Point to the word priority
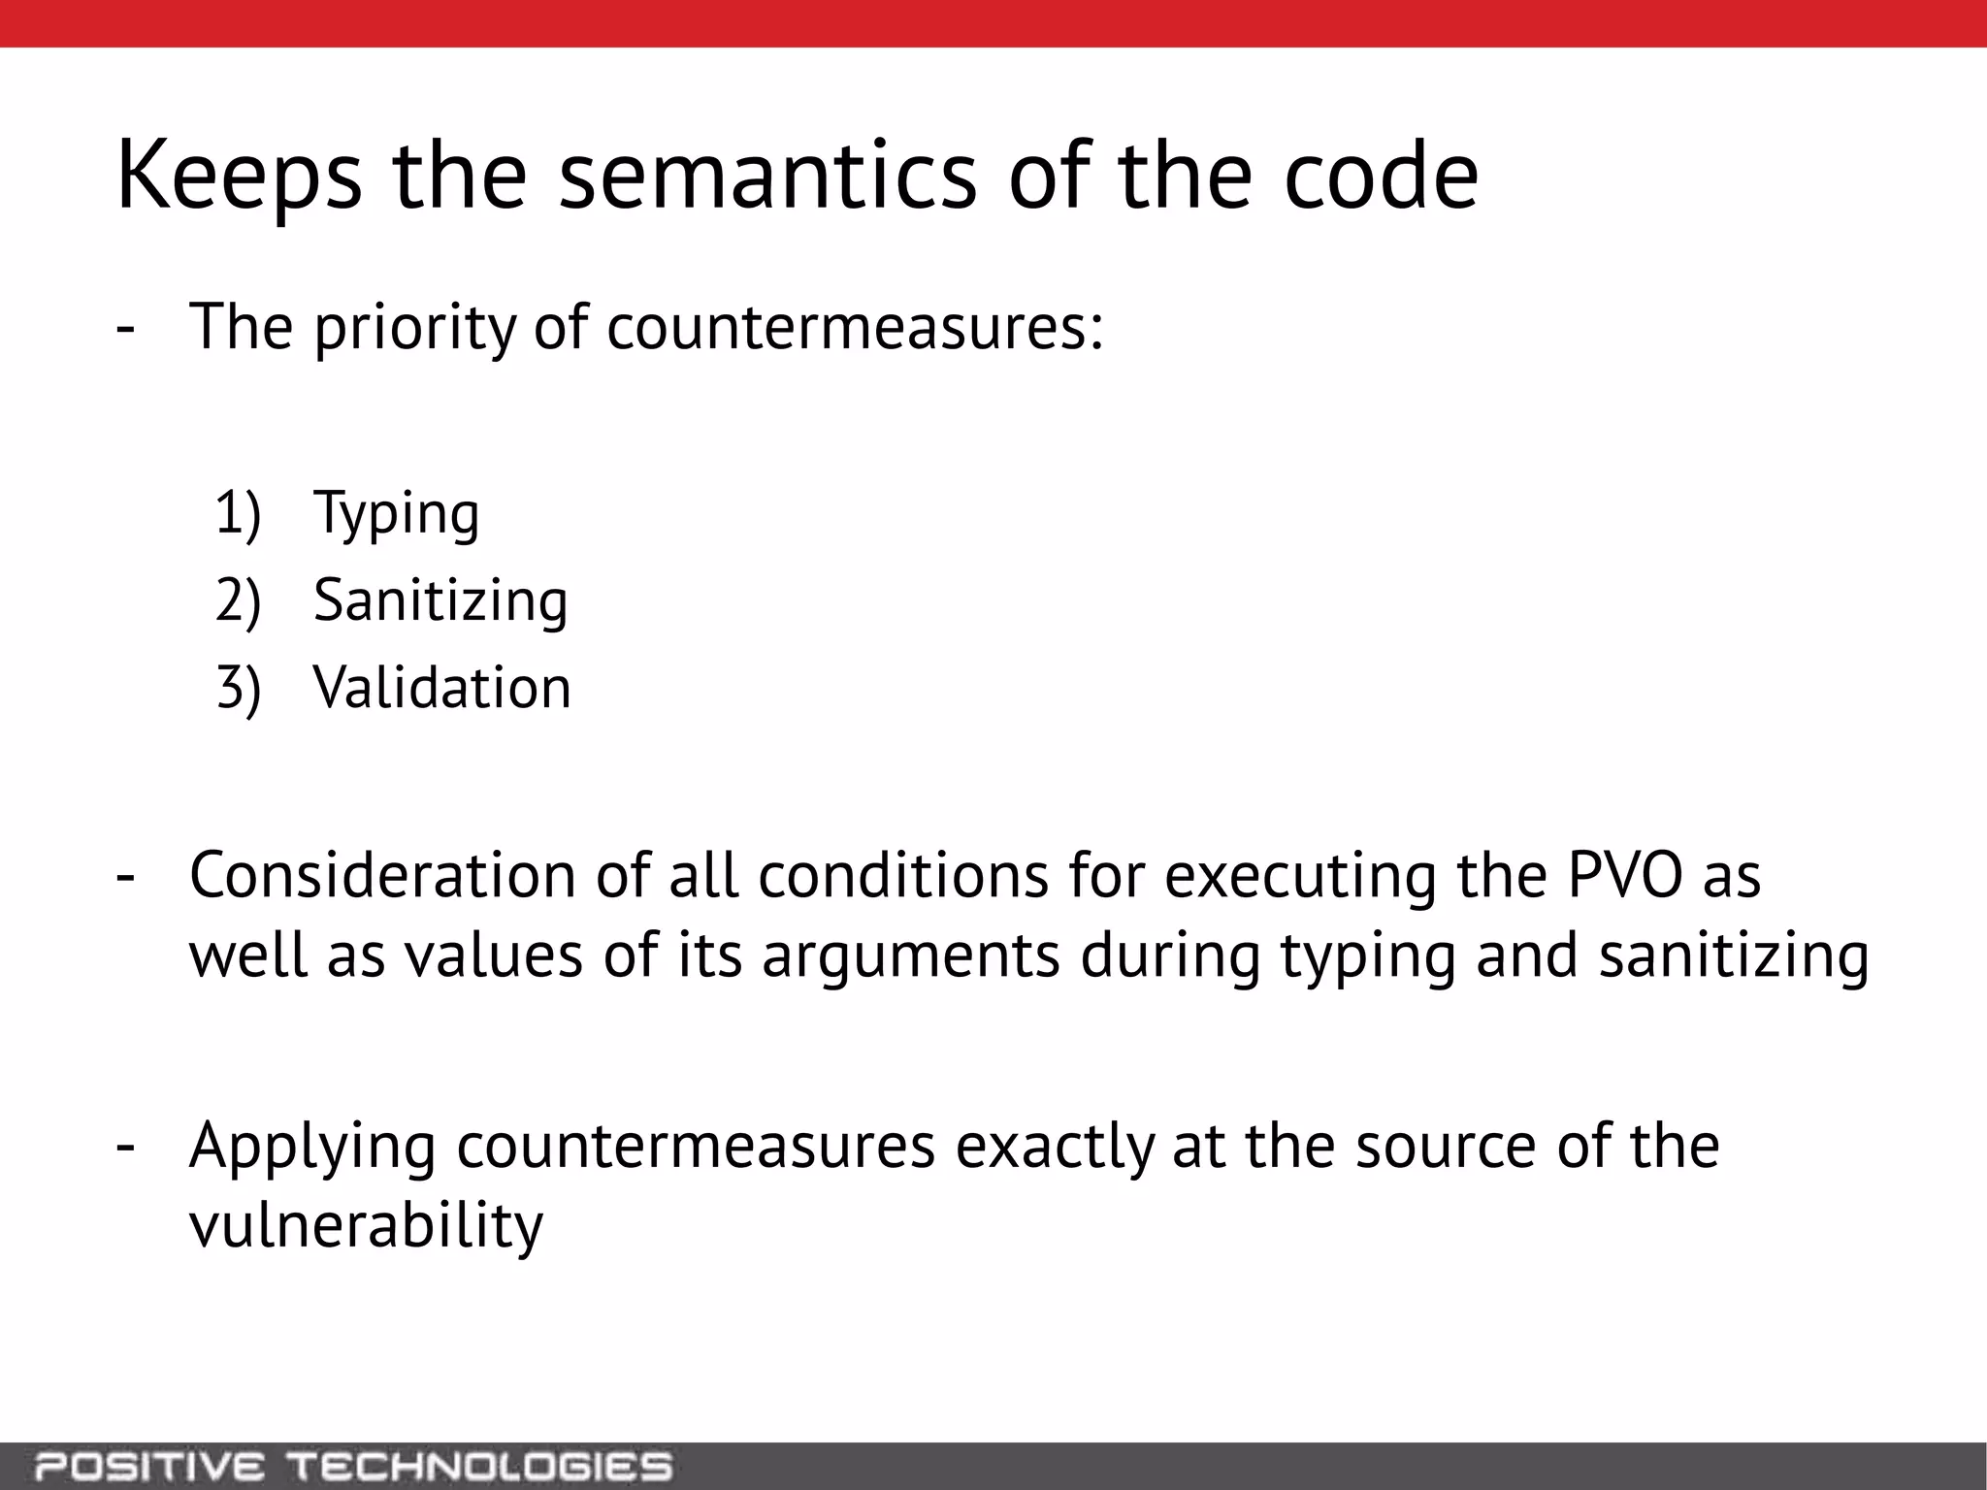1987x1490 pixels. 414,328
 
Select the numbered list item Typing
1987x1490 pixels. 396,513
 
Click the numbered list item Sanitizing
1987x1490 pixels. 440,600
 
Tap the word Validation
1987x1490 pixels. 442,688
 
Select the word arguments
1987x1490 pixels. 911,956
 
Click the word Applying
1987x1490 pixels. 312,1148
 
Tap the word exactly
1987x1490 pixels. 1055,1146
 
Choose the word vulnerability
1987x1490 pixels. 366,1226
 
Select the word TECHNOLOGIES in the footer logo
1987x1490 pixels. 481,1466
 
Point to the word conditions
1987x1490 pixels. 902,875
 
